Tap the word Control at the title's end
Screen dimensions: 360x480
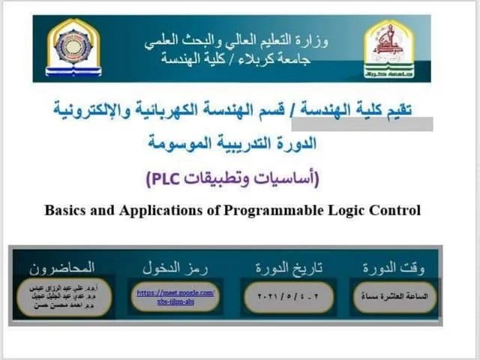point(397,210)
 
